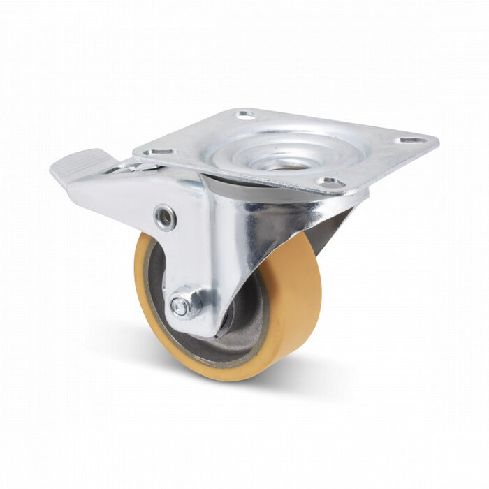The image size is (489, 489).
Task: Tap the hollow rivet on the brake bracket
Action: (165, 217)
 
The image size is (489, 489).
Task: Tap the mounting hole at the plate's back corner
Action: (245, 115)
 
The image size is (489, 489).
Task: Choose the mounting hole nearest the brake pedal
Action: (160, 151)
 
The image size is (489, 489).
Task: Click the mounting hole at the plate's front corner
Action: (329, 182)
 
